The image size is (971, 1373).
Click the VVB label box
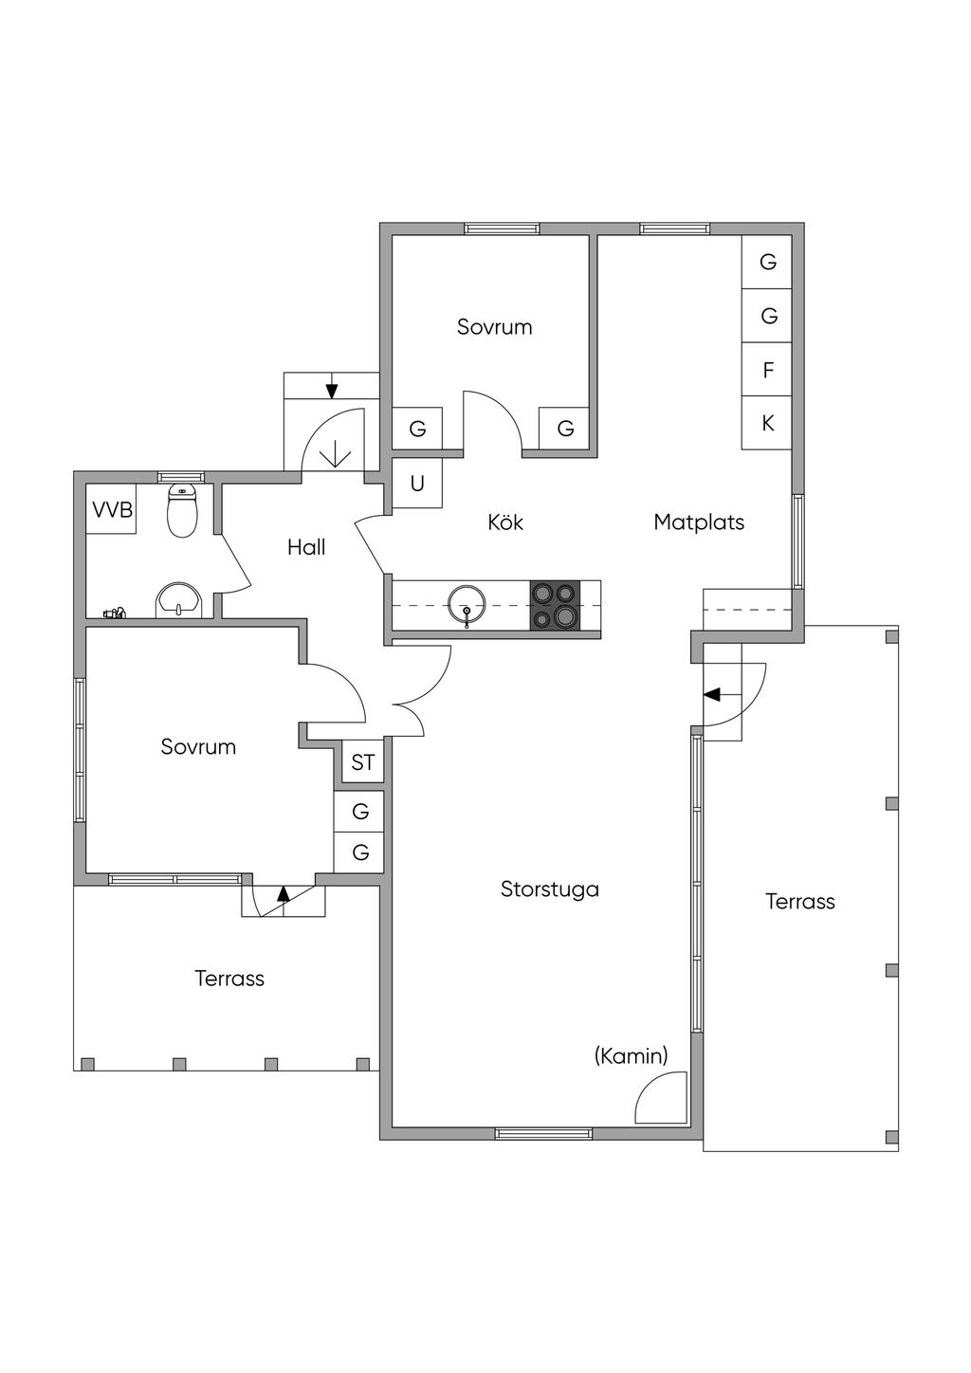112,509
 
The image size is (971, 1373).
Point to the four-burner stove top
554,605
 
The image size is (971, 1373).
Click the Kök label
505,522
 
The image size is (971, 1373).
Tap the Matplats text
699,522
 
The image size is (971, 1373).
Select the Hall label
306,547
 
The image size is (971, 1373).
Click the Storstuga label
550,889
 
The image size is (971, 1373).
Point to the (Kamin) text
631,1055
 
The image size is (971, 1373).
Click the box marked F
768,370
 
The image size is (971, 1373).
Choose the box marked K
768,423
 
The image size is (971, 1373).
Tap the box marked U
417,484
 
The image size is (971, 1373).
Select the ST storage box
362,762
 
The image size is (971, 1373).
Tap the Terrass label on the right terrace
800,902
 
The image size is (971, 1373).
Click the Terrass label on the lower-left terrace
229,979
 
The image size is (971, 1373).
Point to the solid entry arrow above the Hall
332,389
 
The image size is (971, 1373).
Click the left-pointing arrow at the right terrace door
711,695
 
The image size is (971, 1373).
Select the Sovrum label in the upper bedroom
494,327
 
